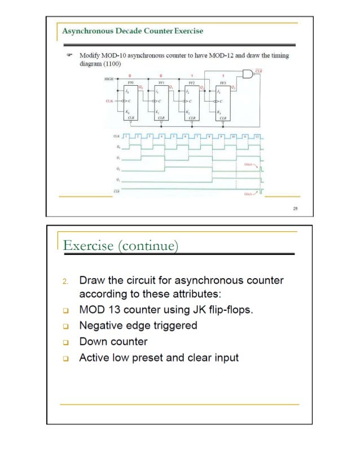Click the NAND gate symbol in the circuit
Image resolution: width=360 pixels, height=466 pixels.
coord(247,74)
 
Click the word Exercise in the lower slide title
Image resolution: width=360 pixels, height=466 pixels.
coord(84,246)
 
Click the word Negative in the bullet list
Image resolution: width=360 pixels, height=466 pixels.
coord(101,326)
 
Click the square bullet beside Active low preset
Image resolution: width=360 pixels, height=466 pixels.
coord(65,358)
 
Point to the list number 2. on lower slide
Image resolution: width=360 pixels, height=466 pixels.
coord(65,281)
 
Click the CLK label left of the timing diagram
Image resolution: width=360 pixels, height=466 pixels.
coord(116,137)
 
